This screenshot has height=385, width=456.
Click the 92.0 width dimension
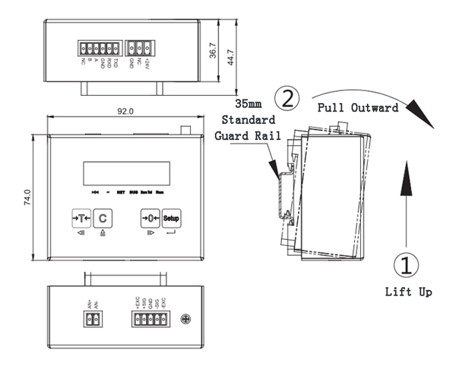(125, 111)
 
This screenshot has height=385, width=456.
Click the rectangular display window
(125, 172)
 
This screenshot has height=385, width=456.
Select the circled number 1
(407, 265)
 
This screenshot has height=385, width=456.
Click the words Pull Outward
(357, 108)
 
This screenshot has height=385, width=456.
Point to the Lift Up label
(408, 292)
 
